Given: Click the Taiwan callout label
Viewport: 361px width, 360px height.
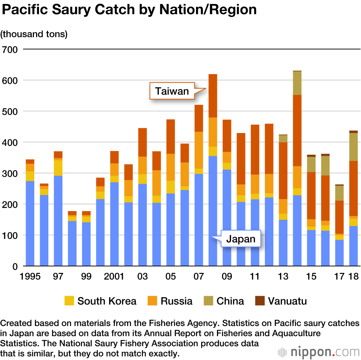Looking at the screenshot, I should [172, 91].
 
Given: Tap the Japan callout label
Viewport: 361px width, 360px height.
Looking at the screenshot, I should [241, 239].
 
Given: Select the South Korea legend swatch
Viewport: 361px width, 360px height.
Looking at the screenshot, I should [69, 301].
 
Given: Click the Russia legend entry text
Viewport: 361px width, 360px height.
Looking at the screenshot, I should [177, 301].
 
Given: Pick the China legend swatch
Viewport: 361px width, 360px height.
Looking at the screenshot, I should [208, 301].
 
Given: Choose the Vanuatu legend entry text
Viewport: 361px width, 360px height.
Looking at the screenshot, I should [287, 301].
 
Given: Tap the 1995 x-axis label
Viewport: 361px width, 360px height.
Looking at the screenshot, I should [30, 277].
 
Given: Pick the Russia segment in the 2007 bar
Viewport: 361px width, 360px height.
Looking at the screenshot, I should [199, 150].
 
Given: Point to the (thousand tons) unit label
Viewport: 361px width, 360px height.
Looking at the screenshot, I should [34, 34].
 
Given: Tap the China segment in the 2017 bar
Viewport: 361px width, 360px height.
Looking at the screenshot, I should [339, 193].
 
